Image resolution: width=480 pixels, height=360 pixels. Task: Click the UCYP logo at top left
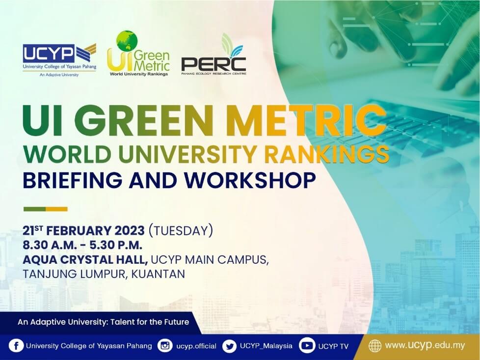coord(59,60)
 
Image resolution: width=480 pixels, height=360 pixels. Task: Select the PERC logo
coord(213,55)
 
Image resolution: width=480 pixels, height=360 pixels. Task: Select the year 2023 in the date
coord(130,231)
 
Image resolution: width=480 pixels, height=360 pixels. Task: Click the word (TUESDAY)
coord(181,231)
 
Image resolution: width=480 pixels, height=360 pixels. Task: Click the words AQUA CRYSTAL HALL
coord(85,260)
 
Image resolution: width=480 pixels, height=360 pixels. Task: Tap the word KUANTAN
coord(158,274)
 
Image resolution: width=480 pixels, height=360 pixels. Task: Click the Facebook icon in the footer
coord(16,346)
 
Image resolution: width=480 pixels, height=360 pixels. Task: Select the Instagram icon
coord(165,346)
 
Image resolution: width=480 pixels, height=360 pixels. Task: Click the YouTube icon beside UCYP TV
coord(307,346)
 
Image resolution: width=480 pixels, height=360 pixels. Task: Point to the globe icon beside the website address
coord(374,346)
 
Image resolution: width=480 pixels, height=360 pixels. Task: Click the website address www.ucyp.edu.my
coord(425,346)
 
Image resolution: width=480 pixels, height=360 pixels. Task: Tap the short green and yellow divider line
coord(46,209)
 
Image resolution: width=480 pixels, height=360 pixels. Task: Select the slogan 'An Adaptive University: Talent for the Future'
coord(104,322)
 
